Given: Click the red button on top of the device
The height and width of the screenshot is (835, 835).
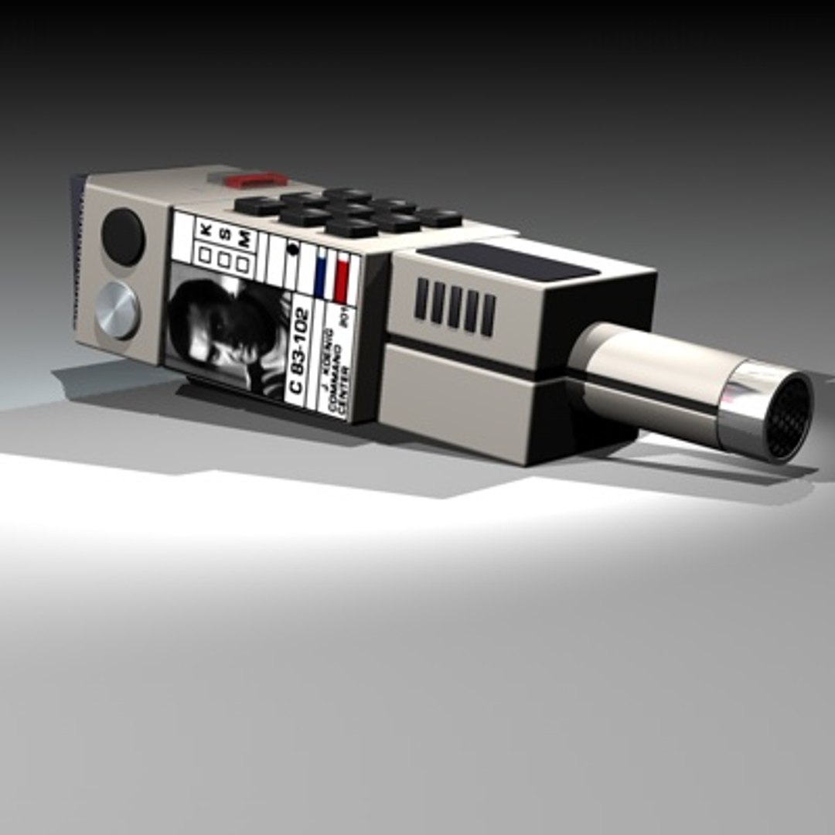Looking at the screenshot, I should pyautogui.click(x=258, y=179).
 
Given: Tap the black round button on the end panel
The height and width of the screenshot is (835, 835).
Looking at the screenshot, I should pyautogui.click(x=123, y=237).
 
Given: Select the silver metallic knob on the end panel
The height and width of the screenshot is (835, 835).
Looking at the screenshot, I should pyautogui.click(x=118, y=310).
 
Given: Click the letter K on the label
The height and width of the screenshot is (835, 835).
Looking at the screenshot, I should pyautogui.click(x=206, y=230).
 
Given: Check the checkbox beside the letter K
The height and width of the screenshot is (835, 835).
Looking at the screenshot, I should pyautogui.click(x=205, y=254).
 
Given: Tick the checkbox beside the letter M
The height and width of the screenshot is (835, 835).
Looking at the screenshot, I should pyautogui.click(x=243, y=264).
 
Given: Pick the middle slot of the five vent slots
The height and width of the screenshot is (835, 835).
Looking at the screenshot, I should pyautogui.click(x=454, y=306).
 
